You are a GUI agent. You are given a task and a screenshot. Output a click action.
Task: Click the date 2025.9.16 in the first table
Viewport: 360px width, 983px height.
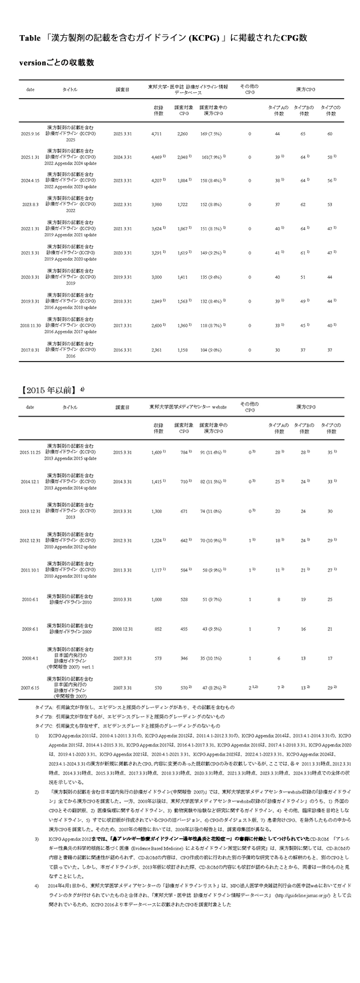(x=29, y=133)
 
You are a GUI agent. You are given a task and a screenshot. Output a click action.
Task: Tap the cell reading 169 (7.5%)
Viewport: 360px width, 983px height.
(x=211, y=133)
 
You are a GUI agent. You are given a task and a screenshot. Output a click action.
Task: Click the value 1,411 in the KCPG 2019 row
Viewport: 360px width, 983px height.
(x=182, y=277)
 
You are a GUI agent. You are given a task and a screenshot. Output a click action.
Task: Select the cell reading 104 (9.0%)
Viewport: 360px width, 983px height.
(x=211, y=349)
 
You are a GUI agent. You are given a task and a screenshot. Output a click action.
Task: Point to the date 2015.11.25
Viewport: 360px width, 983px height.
(x=30, y=453)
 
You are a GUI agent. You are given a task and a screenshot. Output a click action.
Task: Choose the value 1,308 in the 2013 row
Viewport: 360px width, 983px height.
(x=158, y=511)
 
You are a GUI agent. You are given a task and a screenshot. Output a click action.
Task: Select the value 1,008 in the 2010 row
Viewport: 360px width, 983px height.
(x=158, y=600)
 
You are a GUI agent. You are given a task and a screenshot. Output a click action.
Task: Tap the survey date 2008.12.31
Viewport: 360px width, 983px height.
(x=123, y=628)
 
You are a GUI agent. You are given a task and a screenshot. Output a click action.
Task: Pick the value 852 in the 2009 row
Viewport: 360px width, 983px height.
(x=158, y=628)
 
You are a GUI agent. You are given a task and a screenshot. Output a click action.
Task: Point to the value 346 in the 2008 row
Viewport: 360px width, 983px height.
(x=182, y=658)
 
